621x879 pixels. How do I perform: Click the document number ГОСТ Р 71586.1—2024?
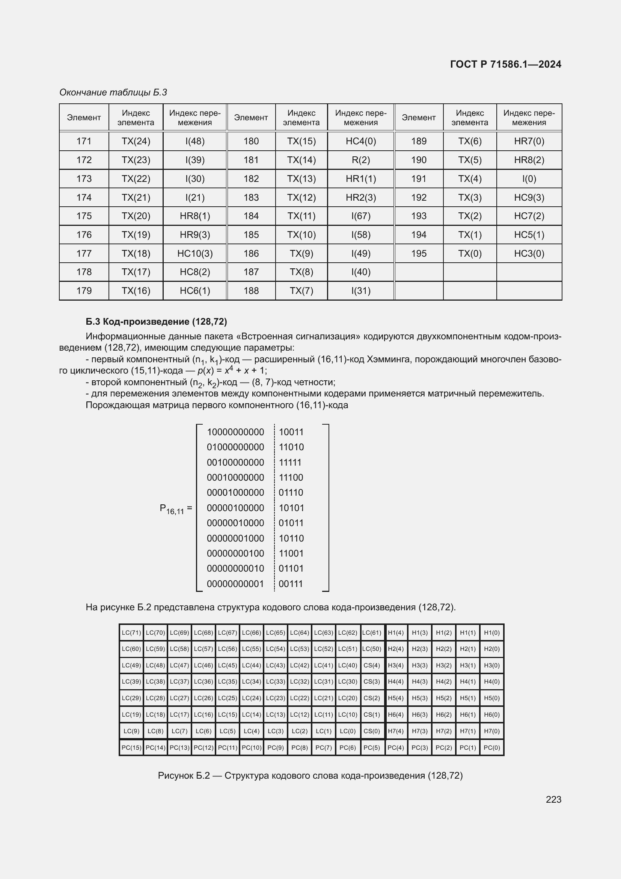505,64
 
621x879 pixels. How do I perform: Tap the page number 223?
553,799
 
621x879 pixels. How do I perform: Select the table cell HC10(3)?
194,253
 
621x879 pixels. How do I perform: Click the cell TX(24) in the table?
136,141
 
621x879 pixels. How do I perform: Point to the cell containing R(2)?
360,160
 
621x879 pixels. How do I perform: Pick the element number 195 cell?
419,253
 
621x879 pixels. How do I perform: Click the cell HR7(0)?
529,141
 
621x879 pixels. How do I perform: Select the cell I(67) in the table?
360,216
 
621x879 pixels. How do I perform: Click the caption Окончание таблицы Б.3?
113,92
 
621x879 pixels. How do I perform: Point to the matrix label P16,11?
172,509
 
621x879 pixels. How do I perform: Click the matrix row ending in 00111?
255,584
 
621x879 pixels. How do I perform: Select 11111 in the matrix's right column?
290,463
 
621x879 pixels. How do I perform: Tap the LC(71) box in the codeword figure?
131,633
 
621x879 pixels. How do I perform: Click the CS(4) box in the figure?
371,666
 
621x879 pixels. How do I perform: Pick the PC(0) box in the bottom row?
491,747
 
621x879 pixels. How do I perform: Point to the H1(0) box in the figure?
491,633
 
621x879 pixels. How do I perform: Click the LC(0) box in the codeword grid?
347,731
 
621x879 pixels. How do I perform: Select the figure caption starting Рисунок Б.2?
310,776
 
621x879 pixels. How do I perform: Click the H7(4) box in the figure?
395,731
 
